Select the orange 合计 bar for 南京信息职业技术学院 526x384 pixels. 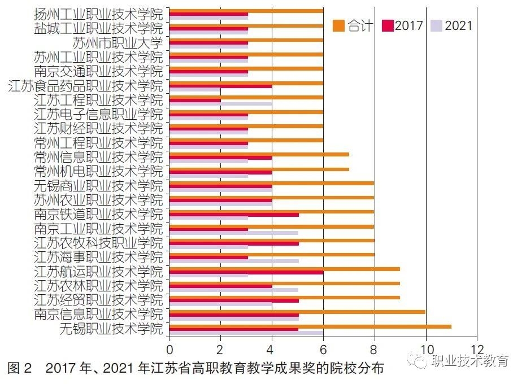(x=297, y=311)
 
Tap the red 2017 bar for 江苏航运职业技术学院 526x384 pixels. (x=246, y=272)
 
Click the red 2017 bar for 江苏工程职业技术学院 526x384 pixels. (x=195, y=100)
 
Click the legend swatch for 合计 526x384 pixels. (x=338, y=25)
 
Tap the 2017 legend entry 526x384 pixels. (x=402, y=25)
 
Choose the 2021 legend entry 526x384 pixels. (x=451, y=25)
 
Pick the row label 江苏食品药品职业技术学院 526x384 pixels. (x=86, y=86)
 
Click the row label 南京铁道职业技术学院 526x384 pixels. (x=98, y=215)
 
